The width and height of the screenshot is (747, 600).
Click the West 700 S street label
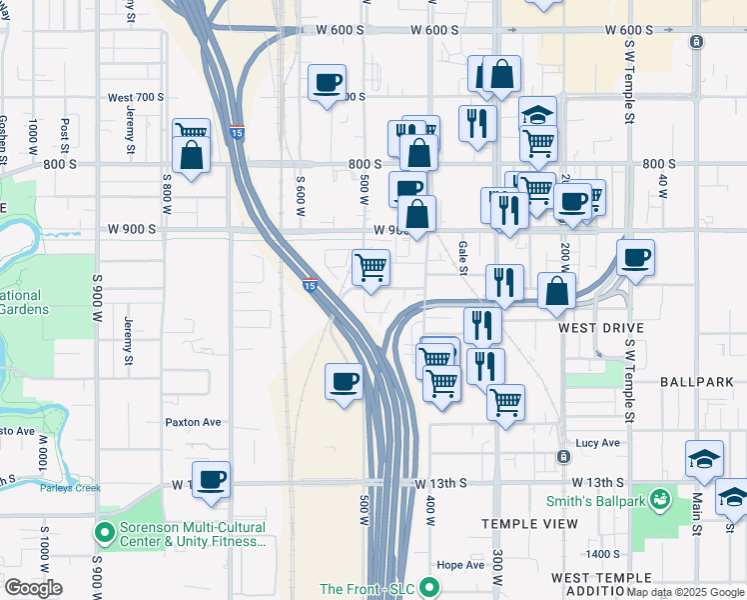[x=135, y=98]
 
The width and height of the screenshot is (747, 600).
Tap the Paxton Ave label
[x=193, y=422]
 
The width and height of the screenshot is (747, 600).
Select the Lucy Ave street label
[x=597, y=443]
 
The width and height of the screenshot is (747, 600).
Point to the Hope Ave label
[x=460, y=565]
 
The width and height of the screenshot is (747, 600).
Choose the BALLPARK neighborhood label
[x=697, y=382]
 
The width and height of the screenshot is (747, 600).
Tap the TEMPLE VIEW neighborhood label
[x=529, y=524]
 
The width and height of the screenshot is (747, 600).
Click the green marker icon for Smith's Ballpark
[x=659, y=497]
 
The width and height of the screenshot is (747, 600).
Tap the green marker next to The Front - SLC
[x=429, y=587]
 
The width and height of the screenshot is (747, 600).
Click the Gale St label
[x=463, y=256]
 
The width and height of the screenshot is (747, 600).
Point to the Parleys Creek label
[x=70, y=488]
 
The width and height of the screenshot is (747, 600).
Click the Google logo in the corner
[x=33, y=587]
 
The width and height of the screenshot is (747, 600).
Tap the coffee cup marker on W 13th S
[x=211, y=479]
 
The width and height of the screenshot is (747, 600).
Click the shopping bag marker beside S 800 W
[x=190, y=155]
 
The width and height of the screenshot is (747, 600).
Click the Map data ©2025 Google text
[x=685, y=592]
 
